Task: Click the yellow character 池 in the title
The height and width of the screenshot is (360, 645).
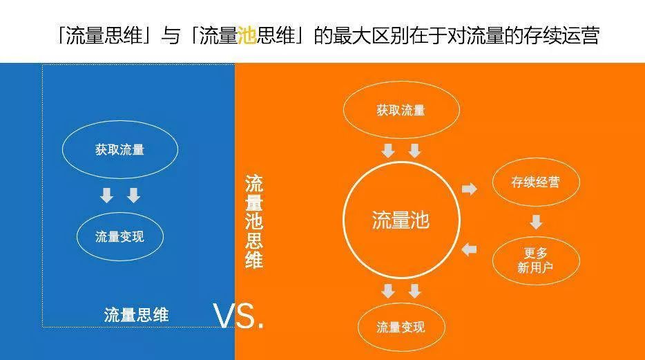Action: [246, 36]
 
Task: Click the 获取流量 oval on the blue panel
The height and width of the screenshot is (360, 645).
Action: [120, 149]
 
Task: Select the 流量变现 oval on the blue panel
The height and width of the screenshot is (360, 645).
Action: [120, 236]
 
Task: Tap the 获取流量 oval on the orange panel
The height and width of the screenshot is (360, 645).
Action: [401, 111]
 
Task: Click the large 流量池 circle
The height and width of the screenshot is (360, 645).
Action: [401, 220]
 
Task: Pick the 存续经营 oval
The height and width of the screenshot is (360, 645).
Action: [535, 182]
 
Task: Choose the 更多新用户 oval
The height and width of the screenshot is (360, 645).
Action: [535, 260]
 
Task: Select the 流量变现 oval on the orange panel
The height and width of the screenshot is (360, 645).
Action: [401, 327]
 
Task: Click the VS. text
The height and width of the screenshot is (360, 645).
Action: [239, 316]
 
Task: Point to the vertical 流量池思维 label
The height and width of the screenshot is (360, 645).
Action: [254, 222]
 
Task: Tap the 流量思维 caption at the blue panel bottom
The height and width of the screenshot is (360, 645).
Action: [136, 315]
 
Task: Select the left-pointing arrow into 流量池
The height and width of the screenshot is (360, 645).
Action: [470, 249]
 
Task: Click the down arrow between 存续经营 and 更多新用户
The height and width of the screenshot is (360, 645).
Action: [536, 222]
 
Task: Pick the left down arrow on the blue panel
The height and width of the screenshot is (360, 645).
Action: [106, 196]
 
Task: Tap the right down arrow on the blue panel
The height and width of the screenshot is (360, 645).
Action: [133, 196]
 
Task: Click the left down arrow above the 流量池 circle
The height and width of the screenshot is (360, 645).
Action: [388, 151]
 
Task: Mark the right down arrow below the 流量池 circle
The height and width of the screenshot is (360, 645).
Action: [414, 291]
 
